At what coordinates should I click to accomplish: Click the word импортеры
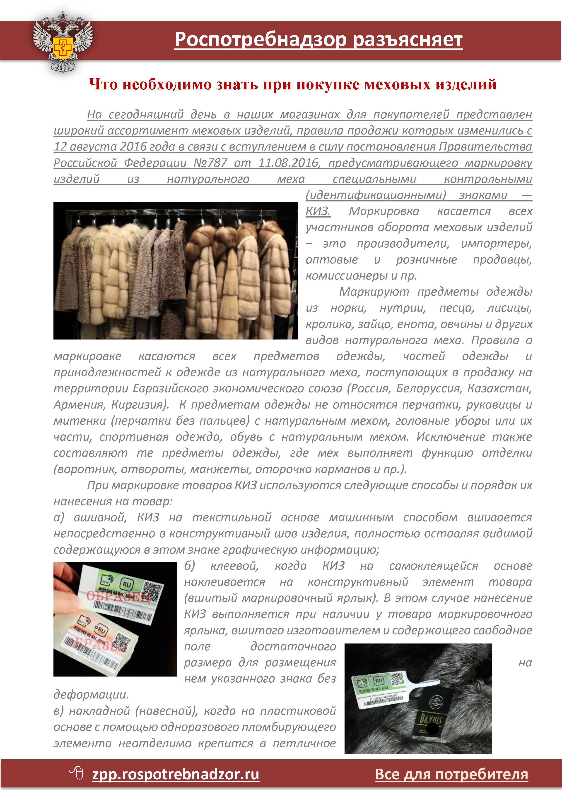(496, 244)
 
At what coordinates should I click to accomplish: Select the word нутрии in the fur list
(403, 308)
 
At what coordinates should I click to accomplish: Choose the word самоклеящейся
(433, 566)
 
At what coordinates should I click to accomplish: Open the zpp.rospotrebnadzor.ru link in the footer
(176, 775)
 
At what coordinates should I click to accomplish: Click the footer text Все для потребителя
(451, 775)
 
